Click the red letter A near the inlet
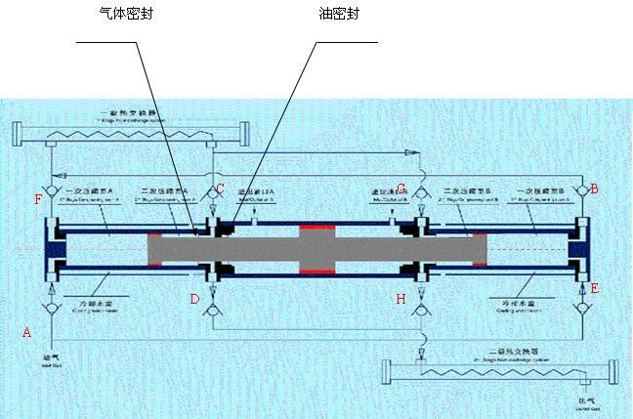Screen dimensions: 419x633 [26, 333]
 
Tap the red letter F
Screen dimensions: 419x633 [38, 200]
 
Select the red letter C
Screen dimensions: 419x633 [220, 188]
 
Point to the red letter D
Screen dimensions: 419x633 [194, 299]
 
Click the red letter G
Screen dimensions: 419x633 [401, 188]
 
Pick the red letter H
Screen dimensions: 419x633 [401, 299]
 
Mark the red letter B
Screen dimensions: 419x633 [594, 188]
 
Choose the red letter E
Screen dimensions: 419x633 [594, 289]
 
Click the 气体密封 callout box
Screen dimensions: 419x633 [143, 20]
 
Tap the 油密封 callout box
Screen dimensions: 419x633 [354, 17]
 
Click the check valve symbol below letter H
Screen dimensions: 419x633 [420, 311]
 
